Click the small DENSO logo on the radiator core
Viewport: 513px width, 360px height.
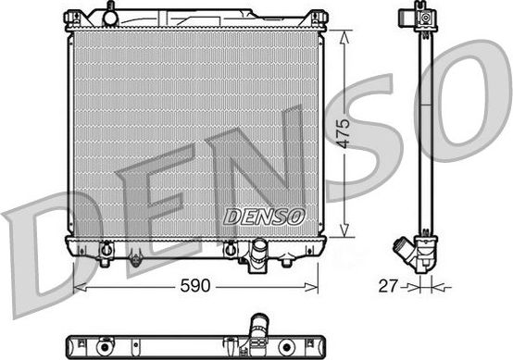(264, 217)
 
